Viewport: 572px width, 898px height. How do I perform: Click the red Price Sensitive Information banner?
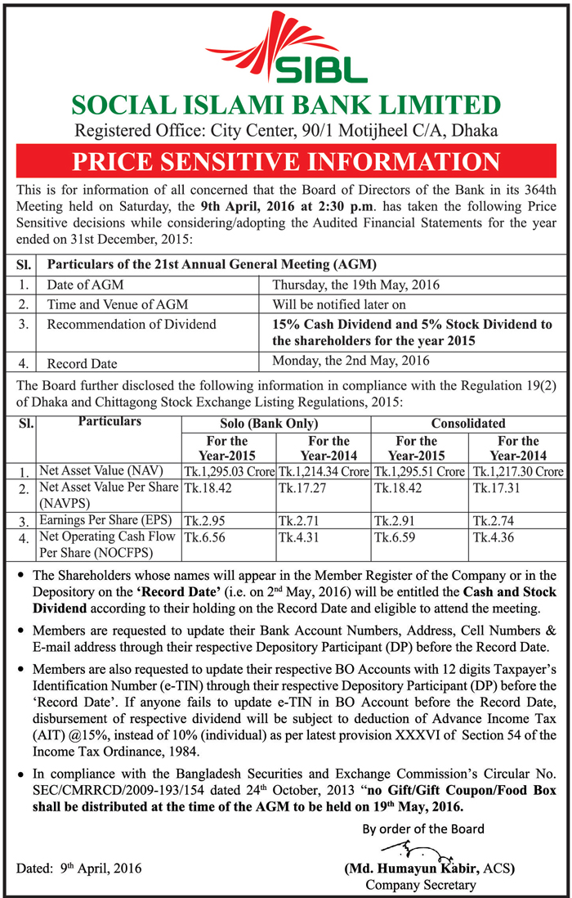(285, 161)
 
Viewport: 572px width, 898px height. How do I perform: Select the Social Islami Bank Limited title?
(285, 106)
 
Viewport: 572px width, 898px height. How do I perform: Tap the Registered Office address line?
(285, 130)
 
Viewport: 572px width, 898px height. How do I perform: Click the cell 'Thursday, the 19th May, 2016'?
(356, 285)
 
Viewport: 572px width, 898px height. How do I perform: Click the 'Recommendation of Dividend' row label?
(132, 325)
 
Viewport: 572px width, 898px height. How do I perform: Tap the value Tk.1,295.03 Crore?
(229, 472)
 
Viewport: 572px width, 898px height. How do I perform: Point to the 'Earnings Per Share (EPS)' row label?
(107, 520)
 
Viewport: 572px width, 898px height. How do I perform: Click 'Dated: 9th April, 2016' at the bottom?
(79, 869)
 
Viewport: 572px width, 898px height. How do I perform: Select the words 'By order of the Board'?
(423, 828)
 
